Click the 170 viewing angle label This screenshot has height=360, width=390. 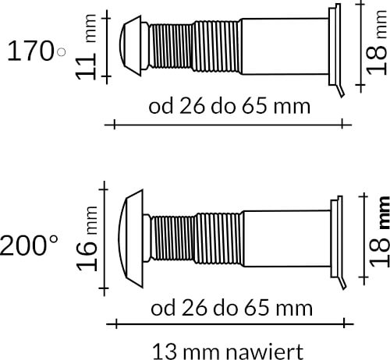[30, 51]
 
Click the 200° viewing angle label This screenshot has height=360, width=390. [29, 245]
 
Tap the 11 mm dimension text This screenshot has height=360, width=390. [87, 47]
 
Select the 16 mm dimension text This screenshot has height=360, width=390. [87, 238]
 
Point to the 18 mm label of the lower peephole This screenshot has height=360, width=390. [379, 231]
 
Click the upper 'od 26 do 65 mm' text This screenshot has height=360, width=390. [229, 106]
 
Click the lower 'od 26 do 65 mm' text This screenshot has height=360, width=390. [232, 308]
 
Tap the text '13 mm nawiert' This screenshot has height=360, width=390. [228, 351]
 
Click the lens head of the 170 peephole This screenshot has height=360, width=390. [131, 46]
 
